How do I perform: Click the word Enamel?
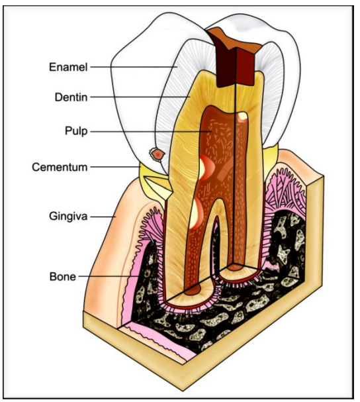(x=68, y=67)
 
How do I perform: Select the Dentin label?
(x=71, y=97)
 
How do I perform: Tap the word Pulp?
(x=76, y=131)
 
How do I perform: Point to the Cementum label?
(x=60, y=167)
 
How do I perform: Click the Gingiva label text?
(x=68, y=217)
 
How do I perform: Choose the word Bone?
(x=63, y=277)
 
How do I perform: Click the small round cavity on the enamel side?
(x=157, y=154)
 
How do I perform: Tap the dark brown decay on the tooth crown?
(x=235, y=58)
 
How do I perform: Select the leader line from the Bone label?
(x=109, y=276)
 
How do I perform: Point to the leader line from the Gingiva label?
(x=103, y=217)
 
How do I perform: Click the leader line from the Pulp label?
(x=151, y=132)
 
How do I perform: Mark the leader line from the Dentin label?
(x=140, y=97)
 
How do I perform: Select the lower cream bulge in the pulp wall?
(x=194, y=213)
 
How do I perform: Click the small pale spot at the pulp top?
(x=242, y=117)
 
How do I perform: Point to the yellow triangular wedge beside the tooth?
(x=157, y=183)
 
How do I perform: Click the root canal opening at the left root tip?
(x=193, y=289)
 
